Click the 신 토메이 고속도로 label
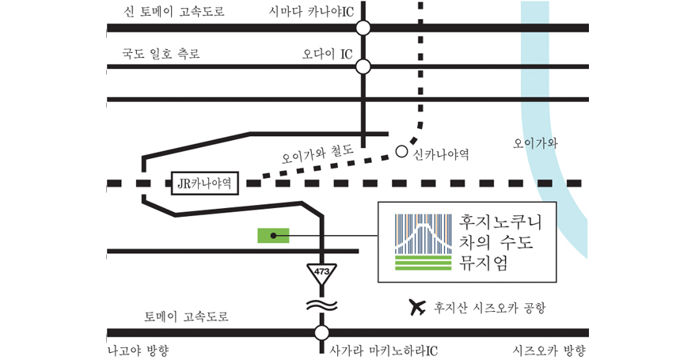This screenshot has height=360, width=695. click(174, 12)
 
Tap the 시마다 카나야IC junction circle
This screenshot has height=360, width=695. click(363, 28)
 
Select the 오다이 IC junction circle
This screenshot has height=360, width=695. click(363, 67)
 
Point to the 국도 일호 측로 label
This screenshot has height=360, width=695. click(161, 54)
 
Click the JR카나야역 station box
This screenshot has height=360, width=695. click(205, 184)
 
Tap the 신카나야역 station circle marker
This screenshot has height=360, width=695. click(401, 152)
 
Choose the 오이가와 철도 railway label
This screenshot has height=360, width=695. click(317, 154)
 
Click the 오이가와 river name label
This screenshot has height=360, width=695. click(535, 143)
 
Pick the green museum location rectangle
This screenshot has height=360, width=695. click(273, 236)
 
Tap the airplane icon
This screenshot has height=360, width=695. click(416, 307)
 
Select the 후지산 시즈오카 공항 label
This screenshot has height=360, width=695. click(490, 308)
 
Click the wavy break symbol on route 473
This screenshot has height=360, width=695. click(322, 305)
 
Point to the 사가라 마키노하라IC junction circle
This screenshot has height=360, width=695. click(322, 332)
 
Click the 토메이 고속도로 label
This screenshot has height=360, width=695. click(186, 316)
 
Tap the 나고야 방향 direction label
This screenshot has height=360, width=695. click(139, 351)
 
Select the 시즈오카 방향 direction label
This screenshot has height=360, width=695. click(549, 351)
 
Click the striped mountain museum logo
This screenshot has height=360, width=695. click(423, 242)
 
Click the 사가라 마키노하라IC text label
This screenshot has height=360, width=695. click(383, 351)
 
